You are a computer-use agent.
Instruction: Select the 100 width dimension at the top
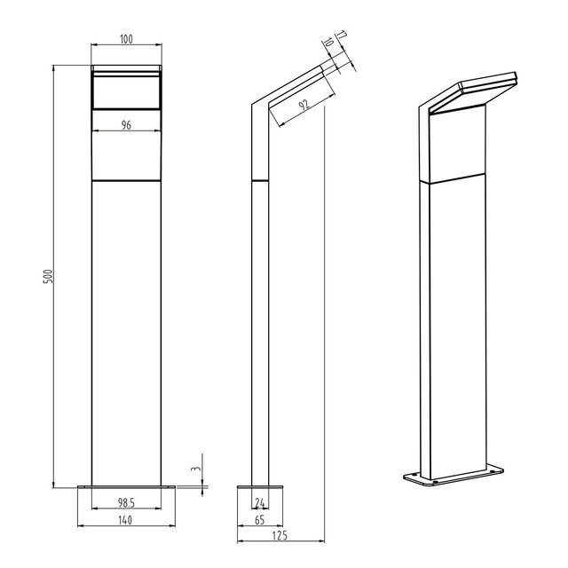(127, 39)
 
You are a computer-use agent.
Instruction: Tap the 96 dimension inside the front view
(126, 126)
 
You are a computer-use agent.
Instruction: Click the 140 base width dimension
(127, 521)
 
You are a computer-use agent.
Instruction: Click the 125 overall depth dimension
(280, 536)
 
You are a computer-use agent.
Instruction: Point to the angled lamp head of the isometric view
(470, 92)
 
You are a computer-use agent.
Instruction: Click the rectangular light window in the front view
(127, 91)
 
